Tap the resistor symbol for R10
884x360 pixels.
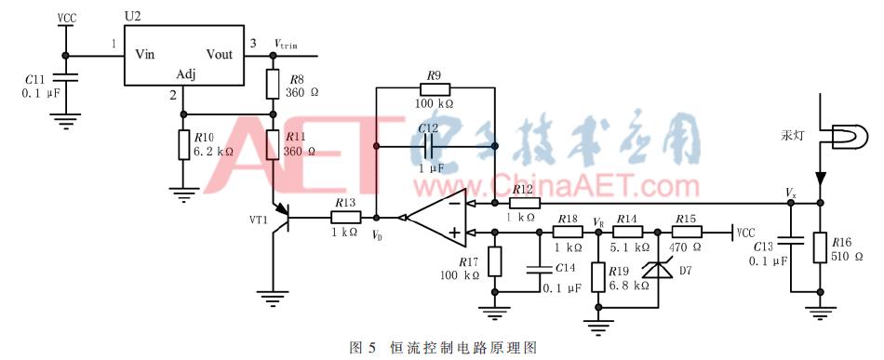click(182, 146)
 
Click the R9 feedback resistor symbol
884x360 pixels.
click(435, 88)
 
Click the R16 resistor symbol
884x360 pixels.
click(820, 248)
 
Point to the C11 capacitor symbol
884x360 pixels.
click(64, 80)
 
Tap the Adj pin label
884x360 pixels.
click(184, 74)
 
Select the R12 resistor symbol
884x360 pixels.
click(524, 202)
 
